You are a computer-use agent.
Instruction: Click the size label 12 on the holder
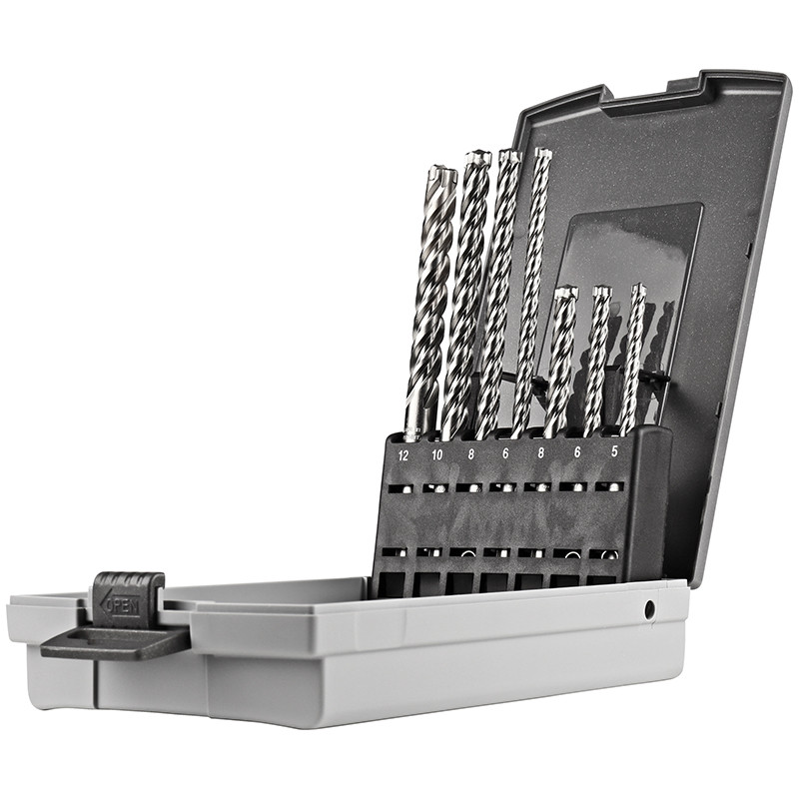[x=403, y=455]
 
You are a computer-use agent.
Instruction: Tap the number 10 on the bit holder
[x=436, y=454]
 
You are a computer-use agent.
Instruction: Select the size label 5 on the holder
[x=614, y=451]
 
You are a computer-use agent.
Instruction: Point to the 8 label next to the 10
[x=470, y=454]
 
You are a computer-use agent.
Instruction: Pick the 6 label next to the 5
[x=577, y=452]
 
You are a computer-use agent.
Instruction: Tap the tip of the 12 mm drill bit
[x=439, y=172]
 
